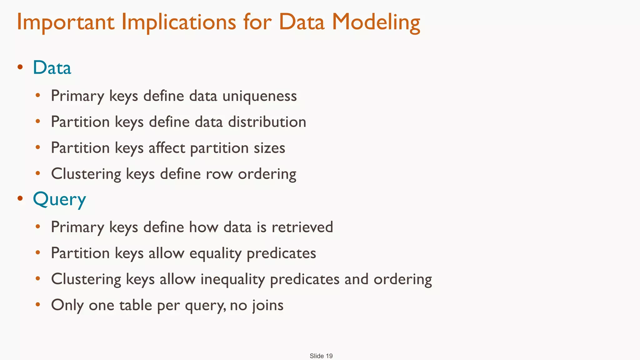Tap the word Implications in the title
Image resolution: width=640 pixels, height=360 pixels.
click(x=178, y=22)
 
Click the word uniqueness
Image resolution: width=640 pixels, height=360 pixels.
click(x=259, y=96)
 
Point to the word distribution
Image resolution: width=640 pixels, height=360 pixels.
click(x=267, y=122)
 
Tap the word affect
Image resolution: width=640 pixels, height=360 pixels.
click(x=167, y=148)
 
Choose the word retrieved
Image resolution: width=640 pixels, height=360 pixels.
click(x=302, y=227)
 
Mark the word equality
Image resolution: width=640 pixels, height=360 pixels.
click(x=215, y=253)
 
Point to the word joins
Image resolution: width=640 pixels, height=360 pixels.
click(x=268, y=305)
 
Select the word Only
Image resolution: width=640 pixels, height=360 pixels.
click(x=67, y=305)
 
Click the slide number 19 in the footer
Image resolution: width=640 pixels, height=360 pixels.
click(x=329, y=356)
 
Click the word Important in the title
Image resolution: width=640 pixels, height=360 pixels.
click(x=65, y=22)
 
